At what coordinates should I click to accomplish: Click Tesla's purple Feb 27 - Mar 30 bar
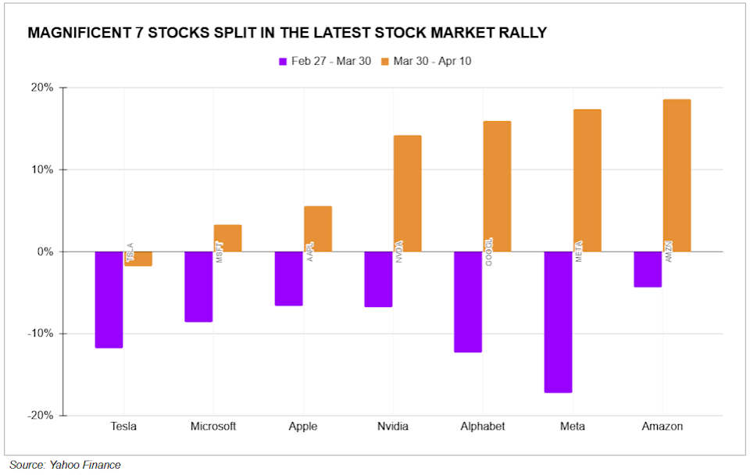pyautogui.click(x=109, y=299)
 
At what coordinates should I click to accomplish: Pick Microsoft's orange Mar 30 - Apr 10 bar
pyautogui.click(x=227, y=238)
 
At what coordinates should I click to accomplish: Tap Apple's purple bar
pyautogui.click(x=288, y=278)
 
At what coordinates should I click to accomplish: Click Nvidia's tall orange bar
pyautogui.click(x=407, y=194)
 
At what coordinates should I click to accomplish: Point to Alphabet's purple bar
pyautogui.click(x=468, y=302)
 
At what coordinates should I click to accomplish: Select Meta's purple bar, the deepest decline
pyautogui.click(x=558, y=322)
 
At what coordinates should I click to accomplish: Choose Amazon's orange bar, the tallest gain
pyautogui.click(x=677, y=176)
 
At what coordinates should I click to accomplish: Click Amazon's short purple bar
pyautogui.click(x=648, y=270)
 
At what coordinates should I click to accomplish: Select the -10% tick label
pyautogui.click(x=41, y=334)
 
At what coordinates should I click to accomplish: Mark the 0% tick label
pyautogui.click(x=45, y=252)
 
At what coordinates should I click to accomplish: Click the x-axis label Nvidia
pyautogui.click(x=392, y=426)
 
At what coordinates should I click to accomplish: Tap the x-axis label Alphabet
pyautogui.click(x=482, y=426)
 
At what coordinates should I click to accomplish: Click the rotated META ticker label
pyautogui.click(x=580, y=251)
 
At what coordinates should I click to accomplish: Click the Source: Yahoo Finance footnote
pyautogui.click(x=65, y=465)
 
